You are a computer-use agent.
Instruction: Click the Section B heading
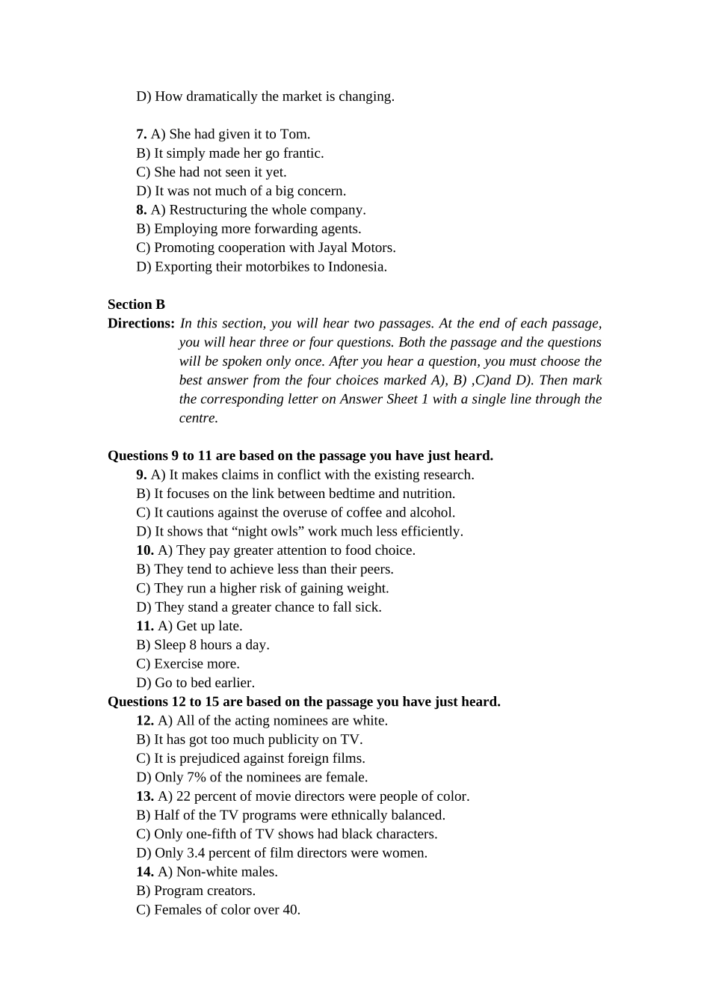tap(136, 304)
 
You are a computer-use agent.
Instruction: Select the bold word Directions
tap(141, 323)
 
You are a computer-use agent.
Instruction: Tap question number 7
tap(141, 134)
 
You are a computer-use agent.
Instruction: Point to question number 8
tap(141, 209)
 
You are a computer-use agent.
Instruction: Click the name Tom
tap(294, 134)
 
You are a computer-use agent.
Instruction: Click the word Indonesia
tap(356, 266)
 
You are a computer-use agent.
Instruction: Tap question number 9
tap(141, 474)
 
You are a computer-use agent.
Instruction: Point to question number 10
tap(144, 550)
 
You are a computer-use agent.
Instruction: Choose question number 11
tap(144, 626)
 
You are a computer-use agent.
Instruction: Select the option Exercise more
tap(197, 663)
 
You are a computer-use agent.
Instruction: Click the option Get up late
tap(209, 626)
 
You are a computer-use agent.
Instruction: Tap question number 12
tap(144, 720)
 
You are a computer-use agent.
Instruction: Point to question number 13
tap(144, 796)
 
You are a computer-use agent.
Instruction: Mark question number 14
tap(144, 871)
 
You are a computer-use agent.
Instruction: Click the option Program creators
tap(204, 890)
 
